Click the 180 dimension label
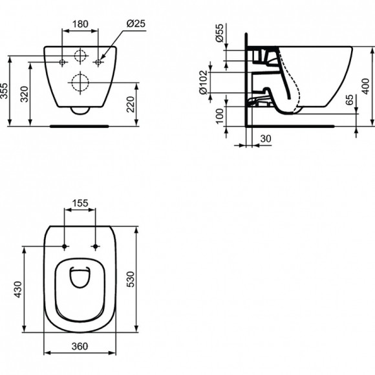click(x=81, y=23)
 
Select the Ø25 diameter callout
click(x=137, y=23)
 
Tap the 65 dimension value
click(x=348, y=101)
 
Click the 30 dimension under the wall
click(x=264, y=138)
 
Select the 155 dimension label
click(x=81, y=203)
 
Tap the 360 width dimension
click(x=81, y=347)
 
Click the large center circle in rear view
click(x=81, y=82)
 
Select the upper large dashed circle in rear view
click(x=81, y=56)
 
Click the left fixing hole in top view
click(x=66, y=246)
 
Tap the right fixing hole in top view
click(x=96, y=246)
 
